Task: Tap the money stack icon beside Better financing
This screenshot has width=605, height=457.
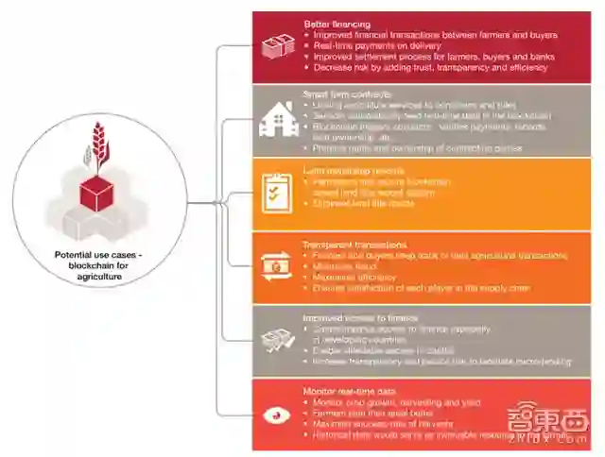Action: click(x=278, y=44)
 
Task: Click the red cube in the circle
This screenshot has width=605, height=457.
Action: click(x=97, y=194)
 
